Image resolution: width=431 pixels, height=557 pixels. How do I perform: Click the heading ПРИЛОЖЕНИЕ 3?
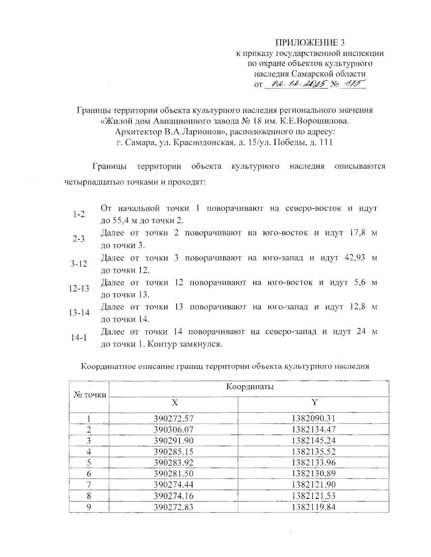pyautogui.click(x=309, y=43)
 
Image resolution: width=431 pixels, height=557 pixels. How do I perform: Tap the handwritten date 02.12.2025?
pyautogui.click(x=296, y=84)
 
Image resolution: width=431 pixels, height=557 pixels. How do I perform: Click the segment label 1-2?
pyautogui.click(x=79, y=214)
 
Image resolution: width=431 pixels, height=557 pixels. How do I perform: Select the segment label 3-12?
pyautogui.click(x=79, y=264)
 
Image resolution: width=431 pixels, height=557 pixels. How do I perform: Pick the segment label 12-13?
pyautogui.click(x=79, y=288)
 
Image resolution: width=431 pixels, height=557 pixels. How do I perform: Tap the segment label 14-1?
pyautogui.click(x=79, y=338)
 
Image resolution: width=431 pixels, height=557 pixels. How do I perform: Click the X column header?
pyautogui.click(x=174, y=402)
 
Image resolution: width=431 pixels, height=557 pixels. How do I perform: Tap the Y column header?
pyautogui.click(x=314, y=402)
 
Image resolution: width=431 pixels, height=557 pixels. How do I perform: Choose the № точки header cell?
pyautogui.click(x=90, y=395)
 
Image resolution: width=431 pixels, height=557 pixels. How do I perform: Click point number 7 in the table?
pyautogui.click(x=89, y=485)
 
